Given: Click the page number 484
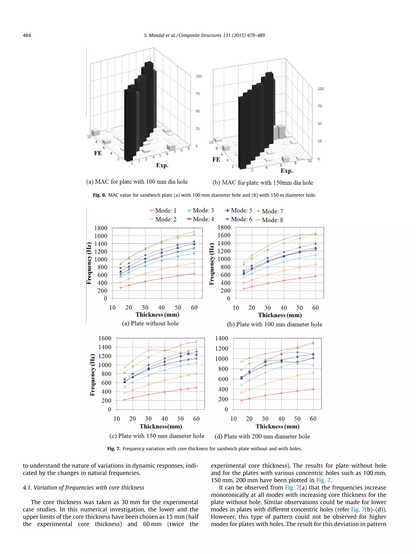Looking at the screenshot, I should pyautogui.click(x=27, y=35).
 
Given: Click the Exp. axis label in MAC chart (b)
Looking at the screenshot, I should pyautogui.click(x=287, y=171).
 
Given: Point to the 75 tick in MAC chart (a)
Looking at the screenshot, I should pyautogui.click(x=198, y=94).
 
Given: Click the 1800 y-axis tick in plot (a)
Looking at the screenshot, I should pyautogui.click(x=101, y=228).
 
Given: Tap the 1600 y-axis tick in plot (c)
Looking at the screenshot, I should pyautogui.click(x=105, y=338).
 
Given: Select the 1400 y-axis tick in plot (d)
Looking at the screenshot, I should pyautogui.click(x=221, y=338).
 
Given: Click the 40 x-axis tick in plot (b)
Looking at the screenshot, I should pyautogui.click(x=284, y=308).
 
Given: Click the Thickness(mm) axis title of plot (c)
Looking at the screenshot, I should pyautogui.click(x=161, y=426).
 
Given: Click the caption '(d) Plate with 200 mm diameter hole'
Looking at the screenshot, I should pyautogui.click(x=262, y=436).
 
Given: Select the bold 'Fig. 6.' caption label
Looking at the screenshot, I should pyautogui.click(x=99, y=195).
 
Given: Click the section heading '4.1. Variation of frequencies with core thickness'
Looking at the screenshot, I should pyautogui.click(x=83, y=487).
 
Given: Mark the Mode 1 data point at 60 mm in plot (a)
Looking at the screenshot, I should pyautogui.click(x=194, y=273).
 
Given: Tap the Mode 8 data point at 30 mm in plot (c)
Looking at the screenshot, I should pyautogui.click(x=148, y=350).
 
